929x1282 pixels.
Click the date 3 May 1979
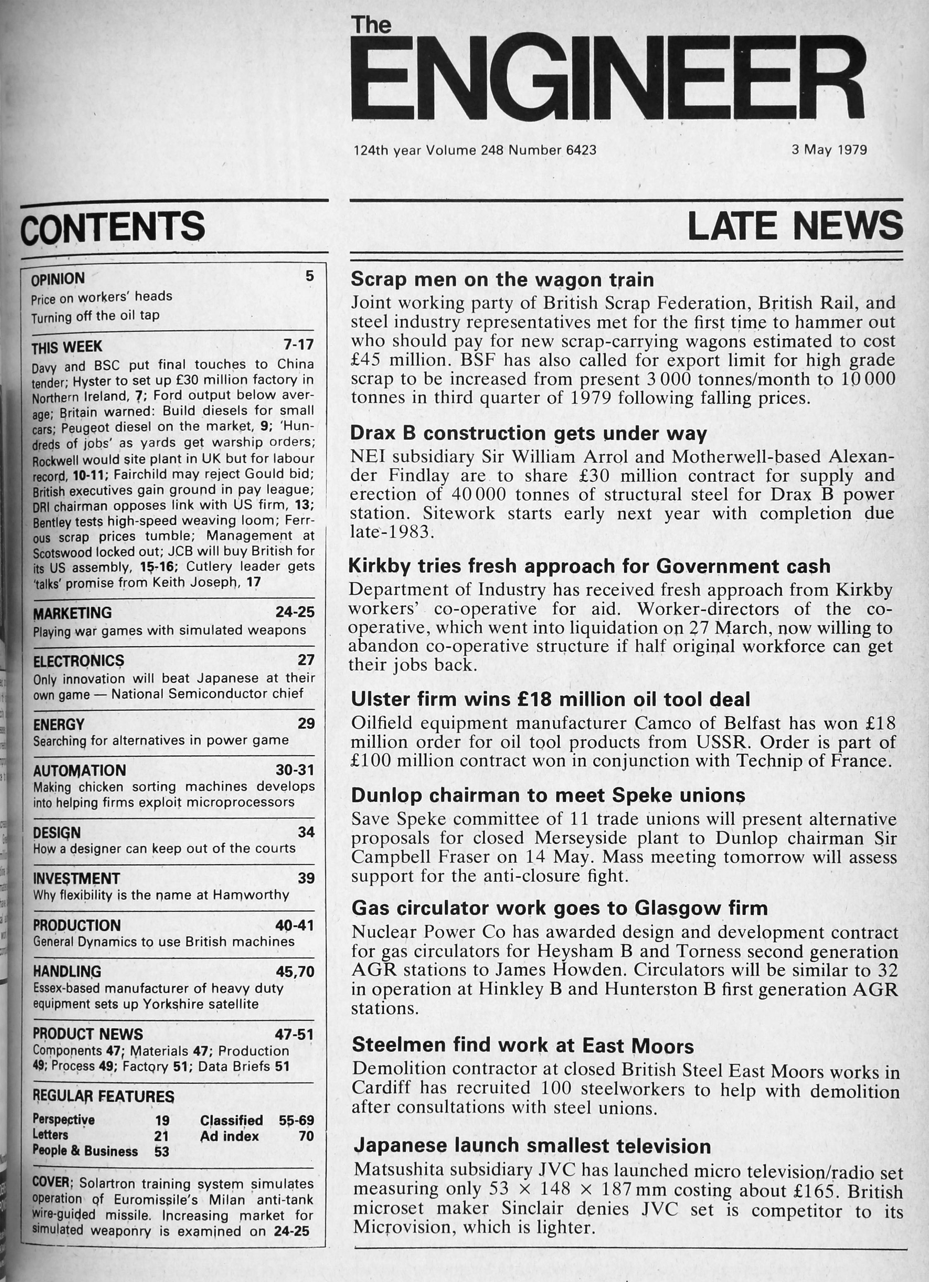(828, 150)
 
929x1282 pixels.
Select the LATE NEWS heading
(794, 226)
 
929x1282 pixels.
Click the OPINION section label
(58, 279)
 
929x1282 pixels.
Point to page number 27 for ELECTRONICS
(306, 660)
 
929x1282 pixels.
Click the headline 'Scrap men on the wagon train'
(502, 279)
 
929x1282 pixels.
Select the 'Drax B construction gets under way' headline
(528, 433)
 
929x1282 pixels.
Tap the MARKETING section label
(72, 613)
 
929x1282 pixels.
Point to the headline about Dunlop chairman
(548, 795)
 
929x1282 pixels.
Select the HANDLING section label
(67, 972)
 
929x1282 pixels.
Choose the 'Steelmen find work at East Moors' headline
(522, 1045)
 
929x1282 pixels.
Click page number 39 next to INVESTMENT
(306, 878)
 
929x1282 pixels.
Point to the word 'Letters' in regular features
(50, 1135)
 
